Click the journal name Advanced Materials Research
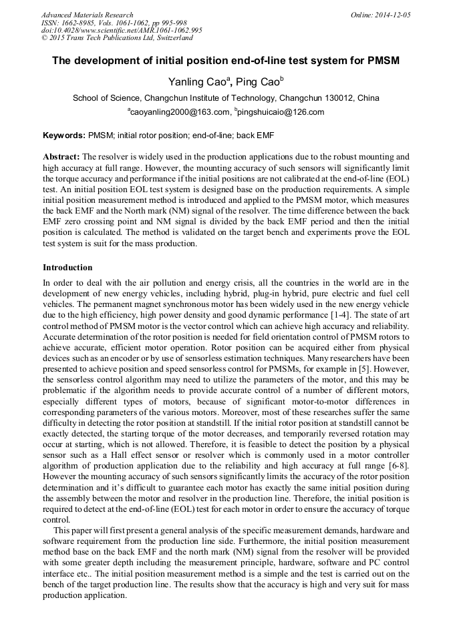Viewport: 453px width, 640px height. click(x=87, y=15)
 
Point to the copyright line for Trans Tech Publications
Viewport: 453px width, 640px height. click(x=117, y=38)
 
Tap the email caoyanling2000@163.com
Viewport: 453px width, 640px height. click(x=177, y=112)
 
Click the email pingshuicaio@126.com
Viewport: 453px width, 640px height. click(x=281, y=112)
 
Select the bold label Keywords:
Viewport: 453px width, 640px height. click(x=64, y=135)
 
